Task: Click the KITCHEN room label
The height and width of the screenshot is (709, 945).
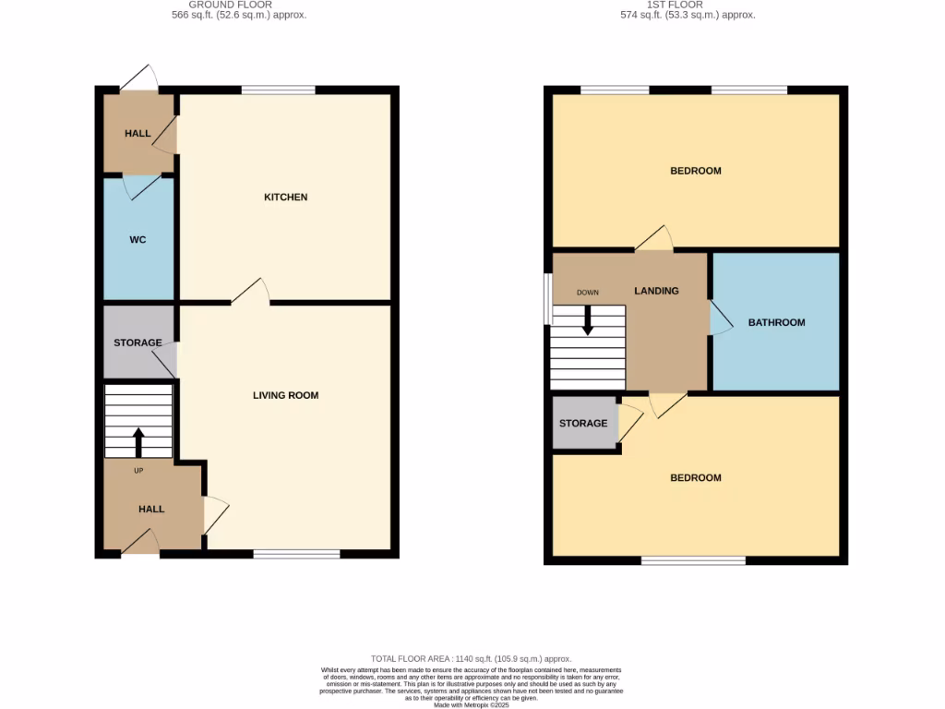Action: point(285,198)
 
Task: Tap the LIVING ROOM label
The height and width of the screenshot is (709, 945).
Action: point(285,395)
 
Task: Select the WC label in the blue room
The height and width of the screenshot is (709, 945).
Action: point(138,240)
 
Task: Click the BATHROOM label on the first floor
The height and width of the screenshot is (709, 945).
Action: point(776,323)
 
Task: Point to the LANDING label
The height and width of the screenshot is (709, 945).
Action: point(656,291)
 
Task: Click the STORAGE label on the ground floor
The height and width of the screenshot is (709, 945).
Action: point(138,342)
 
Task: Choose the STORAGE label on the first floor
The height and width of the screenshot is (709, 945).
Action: point(583,424)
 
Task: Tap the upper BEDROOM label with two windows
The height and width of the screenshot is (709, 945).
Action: point(695,171)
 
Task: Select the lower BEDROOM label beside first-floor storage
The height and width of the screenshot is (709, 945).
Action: point(695,478)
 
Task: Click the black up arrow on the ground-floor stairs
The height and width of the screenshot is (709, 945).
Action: point(138,442)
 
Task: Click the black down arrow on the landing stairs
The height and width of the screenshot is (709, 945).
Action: point(587,320)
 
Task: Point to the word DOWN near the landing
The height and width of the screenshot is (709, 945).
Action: point(588,293)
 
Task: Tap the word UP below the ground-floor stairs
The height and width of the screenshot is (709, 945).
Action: point(139,471)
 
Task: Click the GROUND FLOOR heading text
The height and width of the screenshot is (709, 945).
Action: point(240,5)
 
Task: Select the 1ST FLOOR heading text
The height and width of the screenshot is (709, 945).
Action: point(688,5)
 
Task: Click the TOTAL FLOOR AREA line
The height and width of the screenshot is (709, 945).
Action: point(472,658)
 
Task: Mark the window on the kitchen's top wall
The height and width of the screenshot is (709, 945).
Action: point(278,90)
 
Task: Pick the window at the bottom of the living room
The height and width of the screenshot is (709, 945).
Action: point(296,554)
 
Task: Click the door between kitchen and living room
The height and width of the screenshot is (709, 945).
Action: point(250,294)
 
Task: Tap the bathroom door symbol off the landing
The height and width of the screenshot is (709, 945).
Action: point(719,318)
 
